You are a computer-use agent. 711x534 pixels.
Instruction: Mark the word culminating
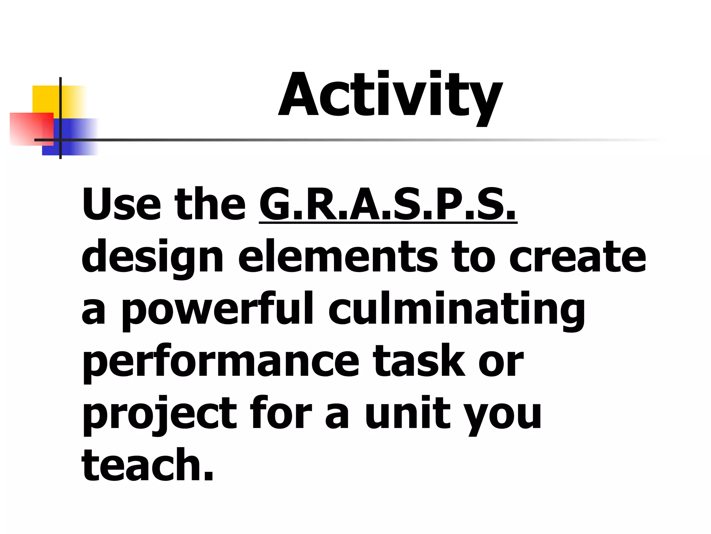pyautogui.click(x=457, y=310)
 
